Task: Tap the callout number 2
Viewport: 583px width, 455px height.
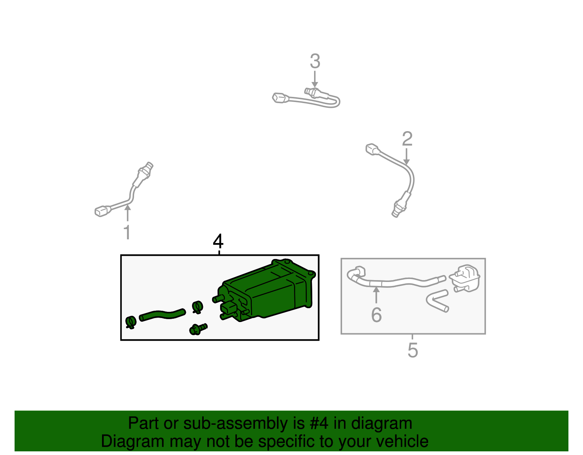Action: (407, 139)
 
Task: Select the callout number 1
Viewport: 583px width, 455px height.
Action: (127, 232)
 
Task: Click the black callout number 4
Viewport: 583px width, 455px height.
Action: (218, 241)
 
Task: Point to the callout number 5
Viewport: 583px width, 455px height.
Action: (412, 350)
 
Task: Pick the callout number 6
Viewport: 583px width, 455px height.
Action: (376, 315)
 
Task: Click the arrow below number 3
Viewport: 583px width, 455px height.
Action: (315, 79)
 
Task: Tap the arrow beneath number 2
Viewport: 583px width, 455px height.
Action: (407, 157)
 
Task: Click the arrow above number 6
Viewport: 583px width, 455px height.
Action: (376, 295)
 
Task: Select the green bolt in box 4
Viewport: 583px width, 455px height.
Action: (198, 329)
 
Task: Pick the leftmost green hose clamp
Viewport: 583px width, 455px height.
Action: (131, 322)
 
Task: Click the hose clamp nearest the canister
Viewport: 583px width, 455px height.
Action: (197, 307)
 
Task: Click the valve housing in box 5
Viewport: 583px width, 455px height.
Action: (465, 279)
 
